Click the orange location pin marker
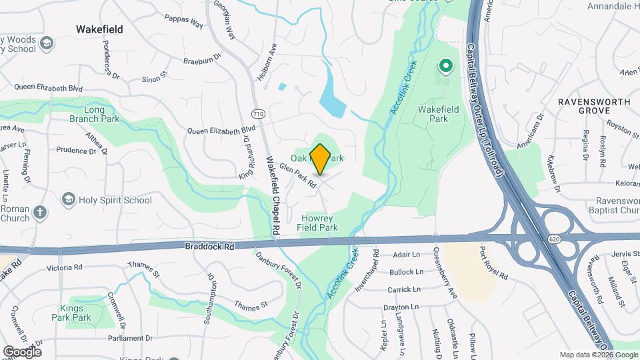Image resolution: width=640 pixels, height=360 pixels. (x=321, y=159)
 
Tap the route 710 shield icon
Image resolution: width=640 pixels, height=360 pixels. (x=259, y=114)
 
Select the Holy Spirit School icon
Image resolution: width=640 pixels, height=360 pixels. (x=68, y=199)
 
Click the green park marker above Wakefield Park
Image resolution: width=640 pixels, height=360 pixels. (x=445, y=66)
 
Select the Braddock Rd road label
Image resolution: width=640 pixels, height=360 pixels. (x=210, y=246)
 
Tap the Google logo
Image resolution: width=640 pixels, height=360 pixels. (x=22, y=351)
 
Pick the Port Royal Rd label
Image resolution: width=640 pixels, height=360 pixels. (x=494, y=264)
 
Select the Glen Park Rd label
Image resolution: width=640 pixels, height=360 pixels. (x=298, y=177)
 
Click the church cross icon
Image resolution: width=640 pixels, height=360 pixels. (x=40, y=213)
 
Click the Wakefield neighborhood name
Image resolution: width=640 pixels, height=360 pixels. (x=99, y=29)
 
